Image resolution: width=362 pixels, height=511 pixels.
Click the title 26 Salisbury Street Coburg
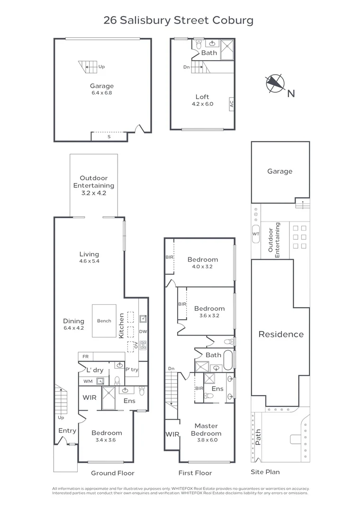tap(179, 20)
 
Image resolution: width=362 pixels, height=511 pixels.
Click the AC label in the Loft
tap(231, 104)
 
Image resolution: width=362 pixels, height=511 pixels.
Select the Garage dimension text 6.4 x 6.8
tap(102, 93)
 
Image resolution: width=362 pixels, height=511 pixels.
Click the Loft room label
tap(202, 97)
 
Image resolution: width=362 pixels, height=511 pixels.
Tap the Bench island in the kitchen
tap(104, 321)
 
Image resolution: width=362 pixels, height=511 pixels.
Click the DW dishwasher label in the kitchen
tap(143, 332)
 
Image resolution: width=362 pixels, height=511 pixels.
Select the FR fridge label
tap(85, 357)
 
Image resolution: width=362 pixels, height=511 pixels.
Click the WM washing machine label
tap(88, 381)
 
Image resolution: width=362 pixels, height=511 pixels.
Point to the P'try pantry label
tap(132, 370)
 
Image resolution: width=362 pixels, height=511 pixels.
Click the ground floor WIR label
tap(90, 397)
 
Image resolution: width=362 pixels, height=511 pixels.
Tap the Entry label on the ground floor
tap(67, 431)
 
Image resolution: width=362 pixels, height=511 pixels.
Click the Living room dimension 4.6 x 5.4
tap(89, 261)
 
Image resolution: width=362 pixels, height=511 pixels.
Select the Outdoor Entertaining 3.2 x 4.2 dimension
tap(93, 193)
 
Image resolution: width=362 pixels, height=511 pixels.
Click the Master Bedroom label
tap(206, 430)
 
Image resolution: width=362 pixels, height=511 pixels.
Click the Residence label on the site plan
tap(281, 334)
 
